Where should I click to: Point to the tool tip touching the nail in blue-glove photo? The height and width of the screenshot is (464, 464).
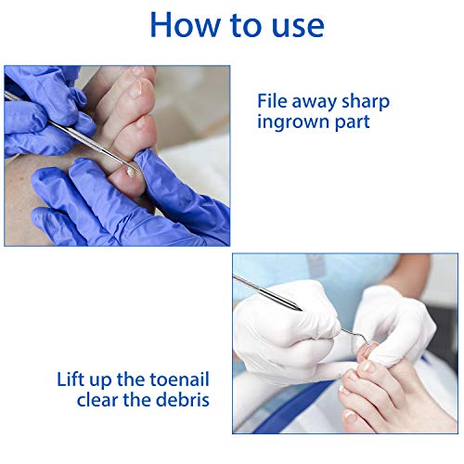(126, 167)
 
